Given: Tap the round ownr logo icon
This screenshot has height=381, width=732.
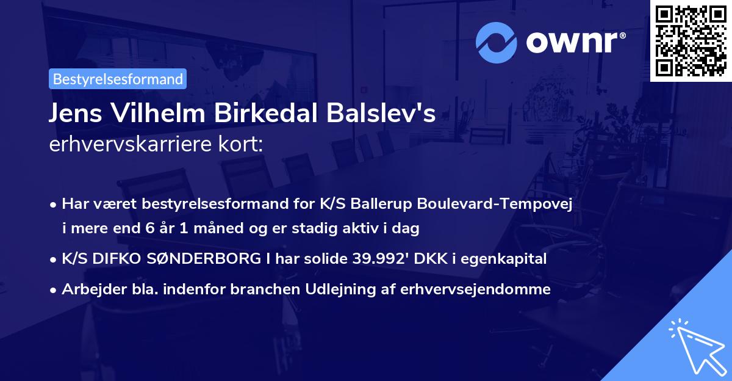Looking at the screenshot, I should coord(495,43).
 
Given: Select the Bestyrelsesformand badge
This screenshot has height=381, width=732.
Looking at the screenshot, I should coord(117,79).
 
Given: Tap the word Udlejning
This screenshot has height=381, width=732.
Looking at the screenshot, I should coord(346,289).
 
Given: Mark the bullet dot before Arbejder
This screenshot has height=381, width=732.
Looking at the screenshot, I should coord(54,290).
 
